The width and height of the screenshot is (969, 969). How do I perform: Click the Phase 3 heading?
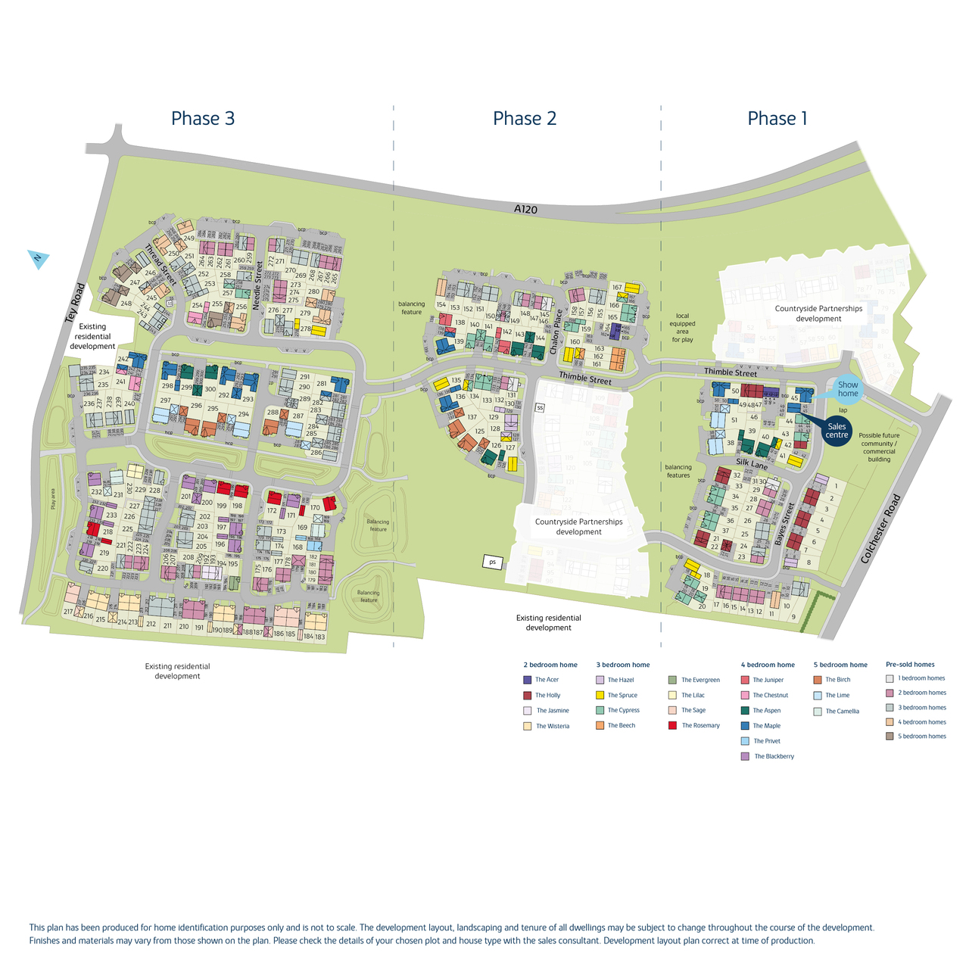coord(203,118)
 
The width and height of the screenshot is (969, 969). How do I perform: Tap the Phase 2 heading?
coord(525,118)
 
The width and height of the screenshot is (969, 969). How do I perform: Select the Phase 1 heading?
coord(777,118)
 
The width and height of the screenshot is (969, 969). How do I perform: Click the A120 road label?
coord(525,208)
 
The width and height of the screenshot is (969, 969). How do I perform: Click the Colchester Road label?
coord(881,528)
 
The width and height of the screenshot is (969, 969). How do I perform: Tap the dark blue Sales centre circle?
coord(837,431)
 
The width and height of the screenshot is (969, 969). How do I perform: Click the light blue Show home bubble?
coord(848,389)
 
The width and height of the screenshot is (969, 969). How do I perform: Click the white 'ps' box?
coord(493,562)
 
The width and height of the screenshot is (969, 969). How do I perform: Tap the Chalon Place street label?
coord(556,332)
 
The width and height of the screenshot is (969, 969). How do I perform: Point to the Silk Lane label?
coord(752,463)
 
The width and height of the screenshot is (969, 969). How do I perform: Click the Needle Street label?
coord(257,286)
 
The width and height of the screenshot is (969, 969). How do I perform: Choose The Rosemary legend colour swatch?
coord(673,725)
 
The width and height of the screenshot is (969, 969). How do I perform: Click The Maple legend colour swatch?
coord(745,726)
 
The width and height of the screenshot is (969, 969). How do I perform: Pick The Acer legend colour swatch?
coord(528,680)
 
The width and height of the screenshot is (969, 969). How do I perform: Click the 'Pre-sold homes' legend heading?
coord(910,665)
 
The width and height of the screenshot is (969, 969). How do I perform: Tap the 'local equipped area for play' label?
coord(682,328)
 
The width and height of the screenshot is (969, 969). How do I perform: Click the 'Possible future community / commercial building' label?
coord(879,447)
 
